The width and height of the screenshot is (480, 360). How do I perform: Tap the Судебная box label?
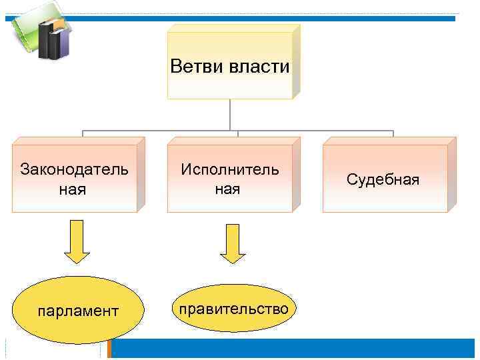pos(383,179)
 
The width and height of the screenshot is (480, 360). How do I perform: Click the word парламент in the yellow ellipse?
pos(79,311)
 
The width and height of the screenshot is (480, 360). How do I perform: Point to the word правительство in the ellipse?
pos(231,309)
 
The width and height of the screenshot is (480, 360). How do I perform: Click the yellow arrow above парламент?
pos(77,244)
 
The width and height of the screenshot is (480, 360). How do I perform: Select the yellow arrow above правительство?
pos(233,244)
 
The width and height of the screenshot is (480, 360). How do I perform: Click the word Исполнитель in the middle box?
pos(230,169)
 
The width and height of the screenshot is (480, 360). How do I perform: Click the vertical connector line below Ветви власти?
pos(230,114)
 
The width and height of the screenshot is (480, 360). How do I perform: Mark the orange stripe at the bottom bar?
pos(111,349)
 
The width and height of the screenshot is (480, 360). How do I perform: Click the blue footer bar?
pos(293,349)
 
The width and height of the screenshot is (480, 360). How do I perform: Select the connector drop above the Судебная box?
pos(393,133)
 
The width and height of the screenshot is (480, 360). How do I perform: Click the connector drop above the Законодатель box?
pos(83,133)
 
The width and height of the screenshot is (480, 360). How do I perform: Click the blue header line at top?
pos(267,19)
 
